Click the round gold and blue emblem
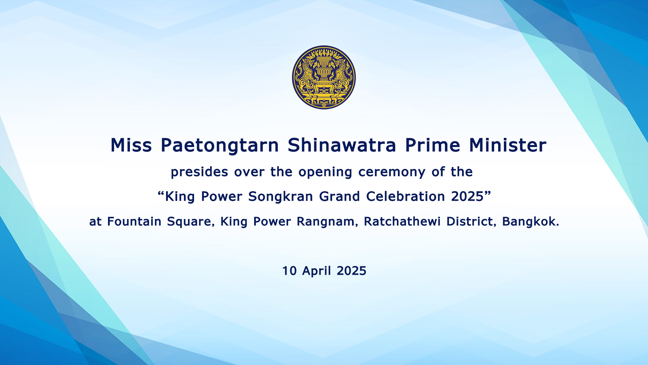[x=324, y=77]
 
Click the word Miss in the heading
[x=131, y=145]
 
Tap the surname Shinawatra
[x=342, y=145]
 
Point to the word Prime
[x=433, y=145]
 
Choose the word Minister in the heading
[x=508, y=145]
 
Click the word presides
[x=199, y=172]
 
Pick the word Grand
[x=340, y=196]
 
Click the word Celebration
[x=405, y=196]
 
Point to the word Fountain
[x=134, y=222]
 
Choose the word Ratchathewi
[x=402, y=222]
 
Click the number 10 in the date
[x=289, y=271]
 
